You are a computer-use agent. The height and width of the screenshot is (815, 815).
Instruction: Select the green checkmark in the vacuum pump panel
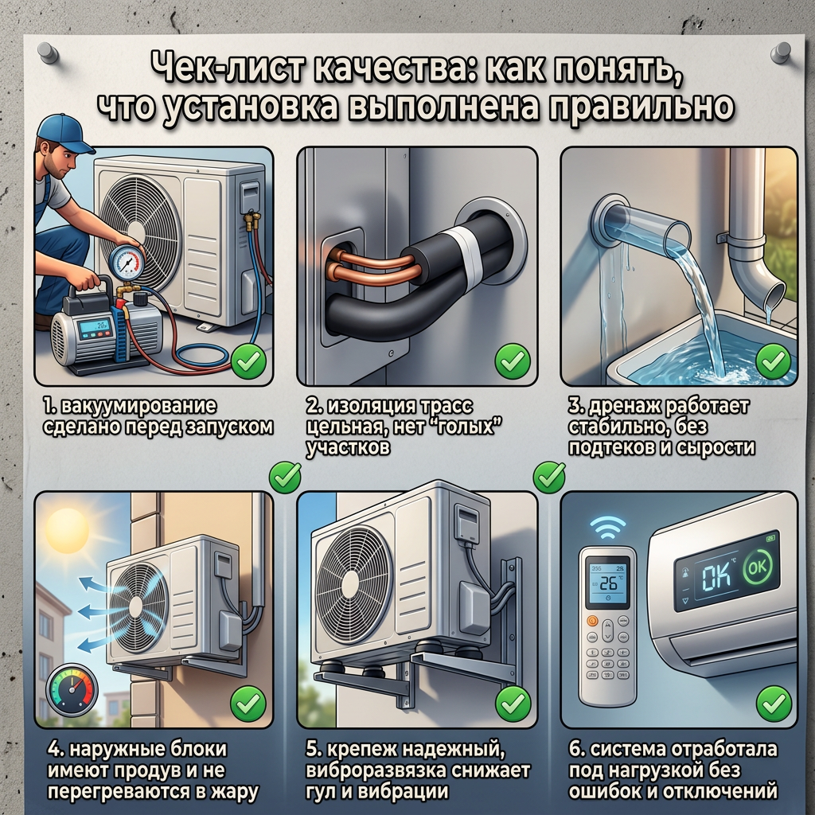click(248, 361)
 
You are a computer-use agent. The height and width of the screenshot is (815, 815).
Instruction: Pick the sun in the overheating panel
click(67, 531)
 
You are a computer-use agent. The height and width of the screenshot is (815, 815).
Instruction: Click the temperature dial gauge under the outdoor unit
click(72, 690)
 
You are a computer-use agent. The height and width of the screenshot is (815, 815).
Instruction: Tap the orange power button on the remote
click(591, 620)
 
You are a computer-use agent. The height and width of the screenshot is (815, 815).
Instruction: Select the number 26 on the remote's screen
click(607, 583)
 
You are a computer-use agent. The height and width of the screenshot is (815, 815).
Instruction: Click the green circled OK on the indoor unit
click(758, 567)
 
